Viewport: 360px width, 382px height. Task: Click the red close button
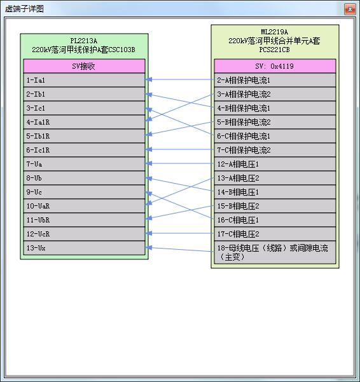(x=350, y=10)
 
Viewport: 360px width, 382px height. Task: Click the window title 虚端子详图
(x=24, y=9)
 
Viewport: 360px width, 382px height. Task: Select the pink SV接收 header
(x=84, y=66)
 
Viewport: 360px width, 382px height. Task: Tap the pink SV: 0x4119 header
(x=275, y=66)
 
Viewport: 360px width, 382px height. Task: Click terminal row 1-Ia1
(x=84, y=80)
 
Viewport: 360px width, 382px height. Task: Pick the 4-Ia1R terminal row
(x=84, y=122)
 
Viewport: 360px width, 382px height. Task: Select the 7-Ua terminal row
(x=84, y=164)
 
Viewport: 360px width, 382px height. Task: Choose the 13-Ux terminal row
(x=84, y=248)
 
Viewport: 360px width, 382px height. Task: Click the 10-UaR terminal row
(x=84, y=206)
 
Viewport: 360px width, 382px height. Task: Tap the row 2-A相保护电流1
(x=275, y=80)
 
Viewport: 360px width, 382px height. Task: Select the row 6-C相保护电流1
(x=275, y=136)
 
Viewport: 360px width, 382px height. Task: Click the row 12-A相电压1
(x=275, y=164)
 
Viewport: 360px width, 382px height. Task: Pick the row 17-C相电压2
(x=275, y=234)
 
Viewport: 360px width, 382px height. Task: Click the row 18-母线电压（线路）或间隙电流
(x=275, y=252)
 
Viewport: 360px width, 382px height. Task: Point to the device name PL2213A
(x=83, y=41)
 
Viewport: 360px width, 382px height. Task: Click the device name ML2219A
(x=274, y=32)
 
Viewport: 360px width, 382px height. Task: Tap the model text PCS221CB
(x=274, y=50)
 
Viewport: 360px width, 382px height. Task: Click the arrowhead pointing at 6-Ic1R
(x=149, y=149)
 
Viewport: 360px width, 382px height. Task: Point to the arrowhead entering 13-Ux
(x=149, y=248)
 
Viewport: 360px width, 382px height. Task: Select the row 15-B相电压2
(x=275, y=206)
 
